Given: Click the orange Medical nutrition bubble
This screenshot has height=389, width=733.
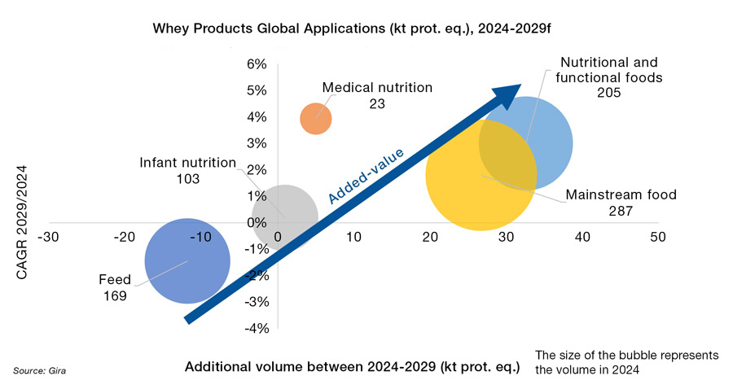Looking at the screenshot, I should (316, 119).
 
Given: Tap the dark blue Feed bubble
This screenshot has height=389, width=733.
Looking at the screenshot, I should (187, 260).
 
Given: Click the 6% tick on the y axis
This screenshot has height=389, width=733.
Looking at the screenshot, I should (257, 64).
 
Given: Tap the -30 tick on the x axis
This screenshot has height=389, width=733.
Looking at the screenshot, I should (51, 237).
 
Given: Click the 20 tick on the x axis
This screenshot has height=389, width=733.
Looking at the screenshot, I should (429, 237).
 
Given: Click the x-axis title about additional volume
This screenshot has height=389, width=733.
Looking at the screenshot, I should (352, 366).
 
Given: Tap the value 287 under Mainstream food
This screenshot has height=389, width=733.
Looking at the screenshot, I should (621, 212).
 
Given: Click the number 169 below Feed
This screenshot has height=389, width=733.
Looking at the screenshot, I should (115, 296).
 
